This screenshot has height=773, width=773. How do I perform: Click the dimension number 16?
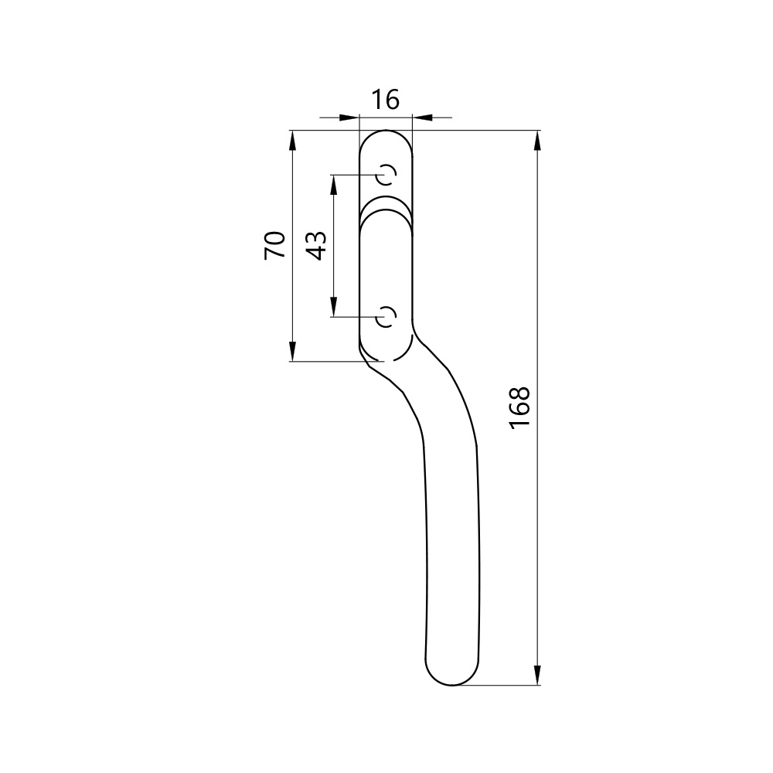pyautogui.click(x=385, y=100)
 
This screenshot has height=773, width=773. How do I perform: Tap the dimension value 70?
pyautogui.click(x=275, y=245)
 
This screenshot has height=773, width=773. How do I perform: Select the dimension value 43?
pyautogui.click(x=316, y=245)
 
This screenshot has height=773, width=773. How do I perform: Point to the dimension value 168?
pyautogui.click(x=520, y=407)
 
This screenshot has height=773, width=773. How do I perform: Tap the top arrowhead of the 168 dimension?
pyautogui.click(x=537, y=141)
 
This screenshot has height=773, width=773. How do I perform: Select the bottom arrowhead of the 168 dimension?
pyautogui.click(x=537, y=674)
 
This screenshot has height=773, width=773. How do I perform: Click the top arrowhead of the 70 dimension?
pyautogui.click(x=293, y=141)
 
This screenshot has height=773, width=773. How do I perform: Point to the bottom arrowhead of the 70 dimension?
pyautogui.click(x=293, y=350)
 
